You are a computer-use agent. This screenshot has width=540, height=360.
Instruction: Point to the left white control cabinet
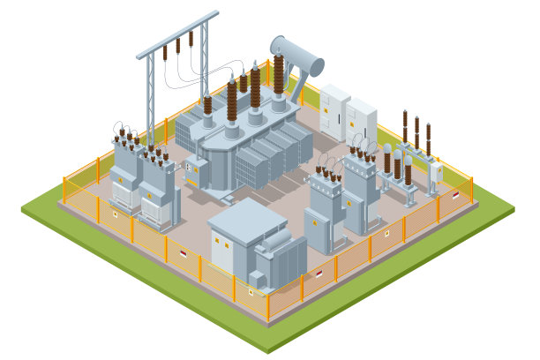click(334, 111)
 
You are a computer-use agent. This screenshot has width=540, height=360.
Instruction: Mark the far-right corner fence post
click(472, 190)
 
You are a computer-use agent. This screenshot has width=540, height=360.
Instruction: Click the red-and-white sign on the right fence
click(455, 196)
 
